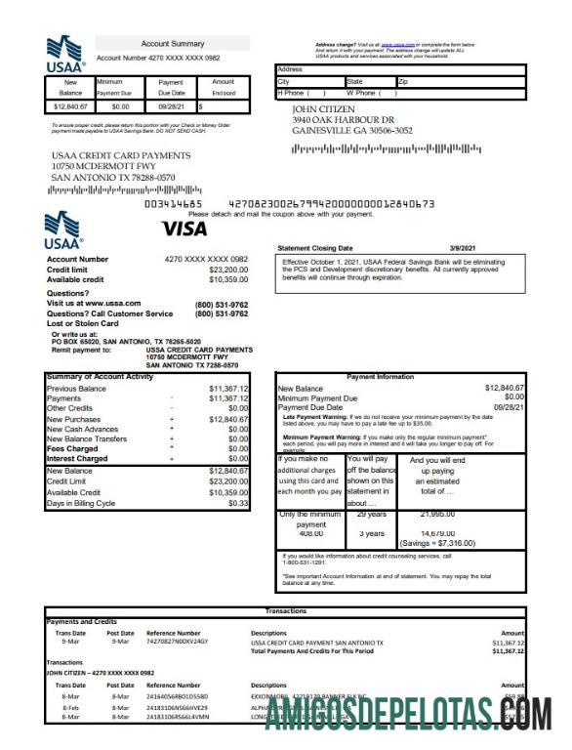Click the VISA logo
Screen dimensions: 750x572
click(184, 229)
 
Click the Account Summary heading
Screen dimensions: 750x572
click(173, 44)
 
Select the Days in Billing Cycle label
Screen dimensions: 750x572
click(81, 503)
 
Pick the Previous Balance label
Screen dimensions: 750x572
click(76, 389)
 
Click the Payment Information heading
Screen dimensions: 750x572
click(380, 377)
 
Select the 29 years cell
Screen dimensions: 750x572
click(370, 514)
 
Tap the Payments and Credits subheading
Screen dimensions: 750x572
click(81, 622)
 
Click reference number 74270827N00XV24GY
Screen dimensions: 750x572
click(178, 643)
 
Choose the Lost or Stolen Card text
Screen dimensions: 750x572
click(83, 323)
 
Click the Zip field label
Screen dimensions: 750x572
click(403, 82)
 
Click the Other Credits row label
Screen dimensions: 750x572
click(71, 408)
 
